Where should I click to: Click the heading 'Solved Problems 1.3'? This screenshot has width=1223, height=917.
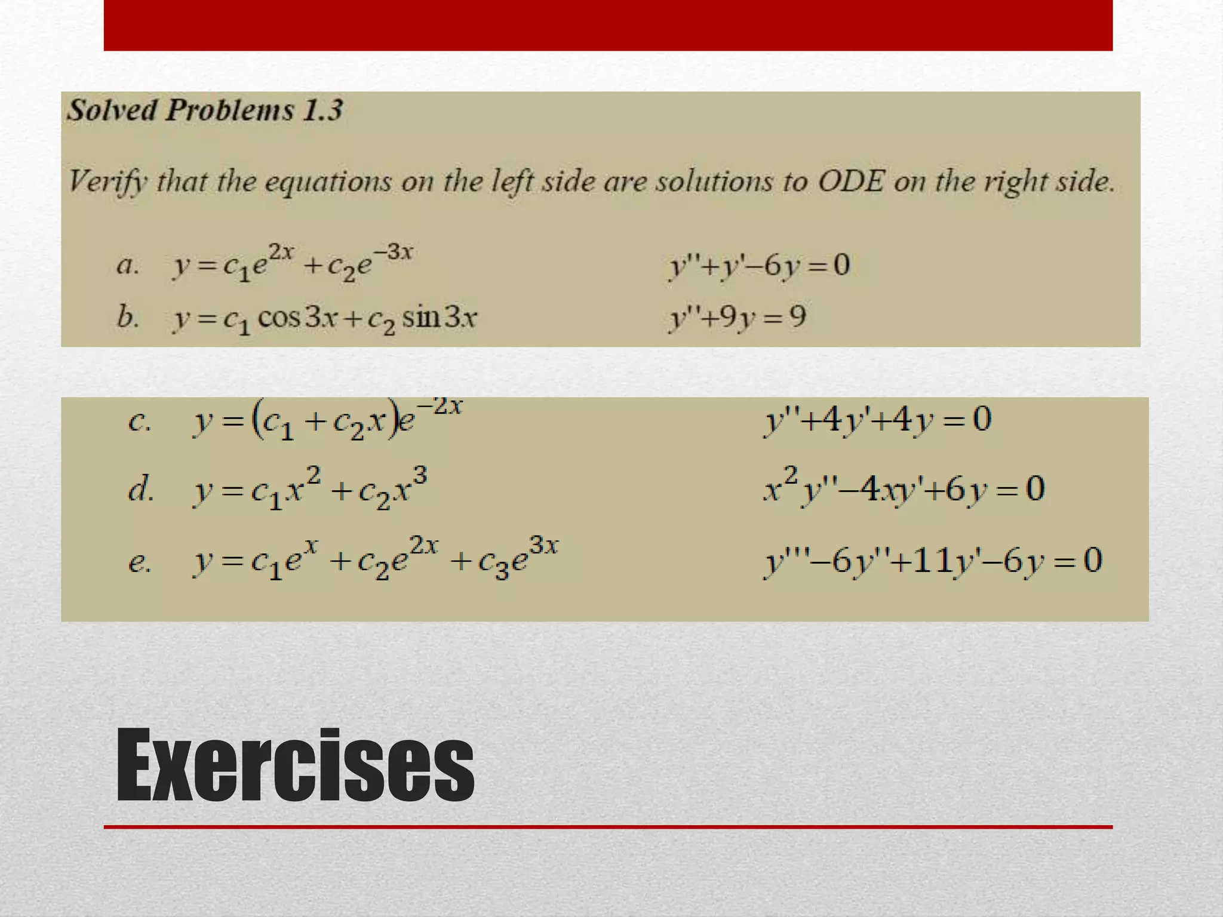(x=205, y=110)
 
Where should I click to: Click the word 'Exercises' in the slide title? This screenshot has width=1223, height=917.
(x=295, y=765)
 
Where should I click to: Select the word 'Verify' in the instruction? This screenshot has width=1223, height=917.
(x=107, y=181)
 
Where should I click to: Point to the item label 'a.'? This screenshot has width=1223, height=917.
(x=128, y=265)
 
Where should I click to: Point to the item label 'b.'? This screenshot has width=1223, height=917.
(x=128, y=316)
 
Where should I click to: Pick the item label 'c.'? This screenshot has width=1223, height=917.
(x=140, y=421)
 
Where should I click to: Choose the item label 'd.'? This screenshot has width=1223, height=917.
(x=141, y=490)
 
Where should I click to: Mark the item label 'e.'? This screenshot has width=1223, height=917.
(x=140, y=561)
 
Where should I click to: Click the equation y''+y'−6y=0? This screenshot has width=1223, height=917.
(x=759, y=265)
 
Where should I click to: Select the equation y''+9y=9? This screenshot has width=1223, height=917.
(x=738, y=316)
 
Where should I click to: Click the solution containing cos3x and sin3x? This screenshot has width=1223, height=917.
(x=325, y=318)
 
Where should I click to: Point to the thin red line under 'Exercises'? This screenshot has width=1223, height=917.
(x=608, y=827)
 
